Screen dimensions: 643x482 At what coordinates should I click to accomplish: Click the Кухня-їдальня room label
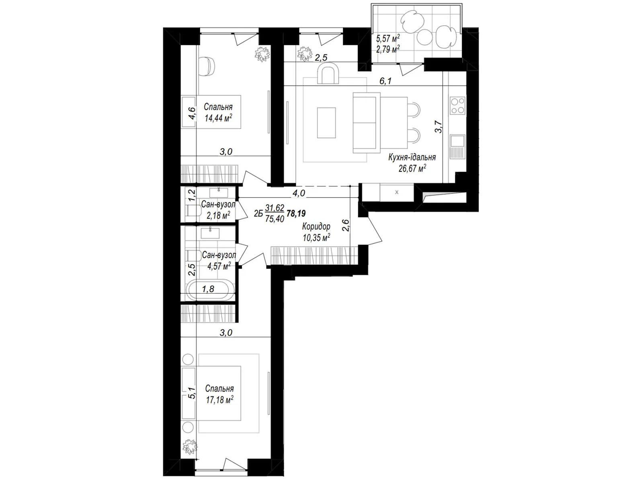tap(412, 157)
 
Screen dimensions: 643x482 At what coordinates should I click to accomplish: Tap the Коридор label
tap(316, 227)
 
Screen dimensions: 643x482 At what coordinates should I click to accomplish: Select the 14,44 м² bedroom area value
tap(218, 118)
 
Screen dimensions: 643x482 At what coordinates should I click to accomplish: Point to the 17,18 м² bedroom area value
tap(219, 400)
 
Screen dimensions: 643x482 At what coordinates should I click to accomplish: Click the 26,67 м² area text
tap(412, 168)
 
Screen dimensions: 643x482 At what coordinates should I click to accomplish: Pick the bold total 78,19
tap(296, 213)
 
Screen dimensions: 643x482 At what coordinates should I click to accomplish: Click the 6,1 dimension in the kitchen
tap(385, 81)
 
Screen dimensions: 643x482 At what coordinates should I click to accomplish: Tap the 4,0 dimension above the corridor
tap(299, 193)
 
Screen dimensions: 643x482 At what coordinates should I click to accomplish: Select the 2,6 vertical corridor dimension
tap(346, 225)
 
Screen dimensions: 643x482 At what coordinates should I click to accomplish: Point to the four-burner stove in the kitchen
tap(458, 106)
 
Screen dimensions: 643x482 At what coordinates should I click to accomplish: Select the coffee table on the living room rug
tap(326, 123)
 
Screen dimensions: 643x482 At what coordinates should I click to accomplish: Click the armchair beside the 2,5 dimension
tap(328, 75)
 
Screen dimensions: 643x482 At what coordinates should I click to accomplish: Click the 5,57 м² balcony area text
tap(388, 38)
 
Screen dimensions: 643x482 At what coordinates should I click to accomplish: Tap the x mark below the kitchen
tap(397, 192)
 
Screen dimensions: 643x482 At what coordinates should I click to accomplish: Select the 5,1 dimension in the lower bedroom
tap(191, 393)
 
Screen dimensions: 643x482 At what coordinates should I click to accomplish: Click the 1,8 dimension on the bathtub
tap(208, 289)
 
